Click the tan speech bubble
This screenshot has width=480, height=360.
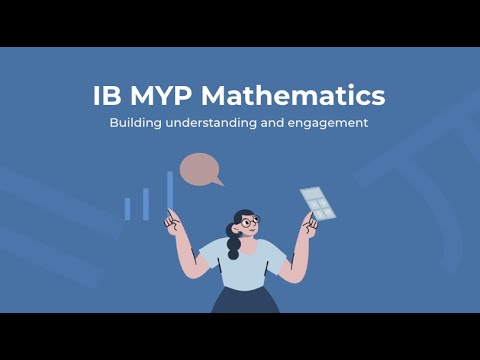click(x=199, y=169)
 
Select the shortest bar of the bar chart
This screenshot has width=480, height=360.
click(x=127, y=208)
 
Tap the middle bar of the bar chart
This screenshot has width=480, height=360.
click(x=146, y=203)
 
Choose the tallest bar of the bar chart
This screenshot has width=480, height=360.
click(x=170, y=193)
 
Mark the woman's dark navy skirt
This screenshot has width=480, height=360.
click(x=243, y=301)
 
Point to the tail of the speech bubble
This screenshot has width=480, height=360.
click(x=218, y=182)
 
